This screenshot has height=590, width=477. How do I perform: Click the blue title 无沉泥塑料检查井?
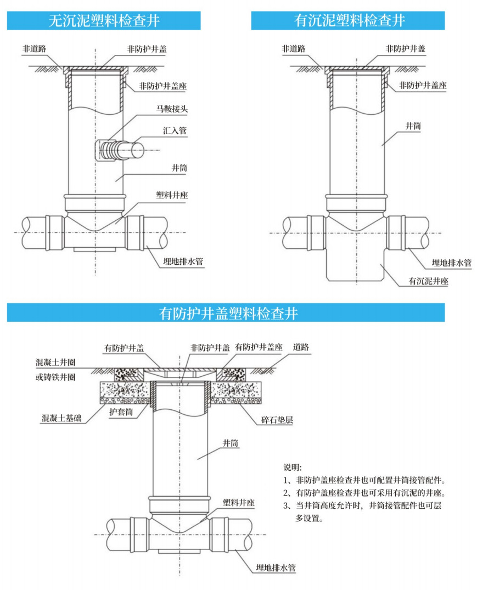click(104, 21)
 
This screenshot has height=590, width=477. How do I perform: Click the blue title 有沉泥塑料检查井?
click(349, 21)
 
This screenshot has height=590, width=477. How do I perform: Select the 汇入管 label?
click(174, 131)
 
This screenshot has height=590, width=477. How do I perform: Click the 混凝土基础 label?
click(61, 419)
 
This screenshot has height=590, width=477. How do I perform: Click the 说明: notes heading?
click(293, 467)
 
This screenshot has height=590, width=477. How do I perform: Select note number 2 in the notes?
click(363, 493)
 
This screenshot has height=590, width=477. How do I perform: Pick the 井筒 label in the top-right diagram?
click(413, 126)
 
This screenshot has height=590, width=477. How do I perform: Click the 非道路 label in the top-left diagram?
click(33, 48)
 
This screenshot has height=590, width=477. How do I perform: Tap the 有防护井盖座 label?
click(259, 347)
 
